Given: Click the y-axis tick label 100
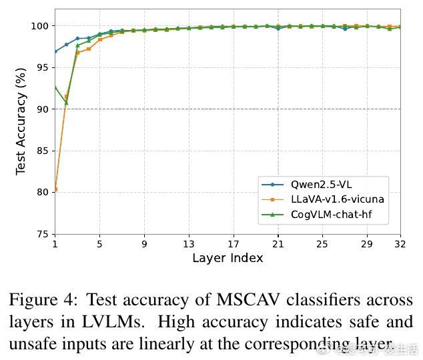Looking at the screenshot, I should (40, 26).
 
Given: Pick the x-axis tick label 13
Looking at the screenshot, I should (189, 244).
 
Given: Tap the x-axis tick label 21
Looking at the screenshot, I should (278, 244).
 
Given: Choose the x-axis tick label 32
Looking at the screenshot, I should (400, 244).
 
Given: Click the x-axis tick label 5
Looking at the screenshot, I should (99, 244).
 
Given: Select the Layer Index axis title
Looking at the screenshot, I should (228, 258).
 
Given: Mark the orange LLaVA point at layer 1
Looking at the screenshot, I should (55, 189).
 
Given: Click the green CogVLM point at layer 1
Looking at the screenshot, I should (55, 87).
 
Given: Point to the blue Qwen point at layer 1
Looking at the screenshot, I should (55, 51).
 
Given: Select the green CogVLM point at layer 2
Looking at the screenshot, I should (66, 103).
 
